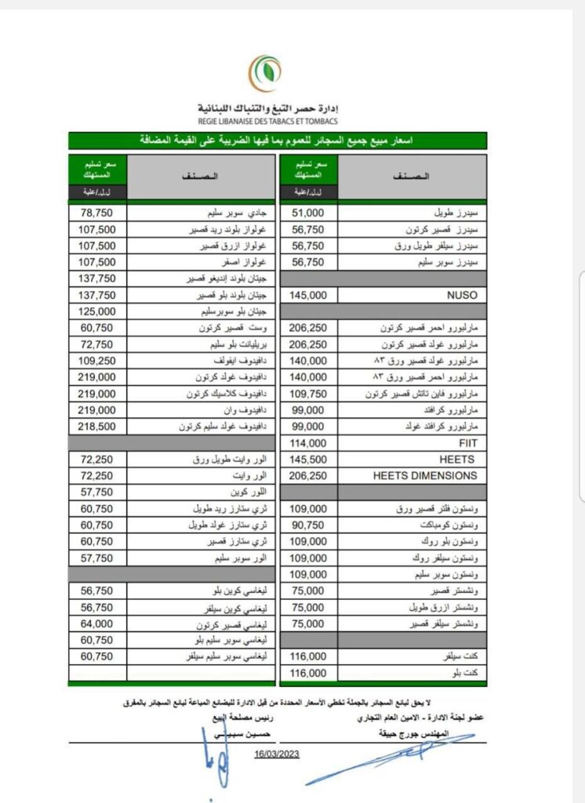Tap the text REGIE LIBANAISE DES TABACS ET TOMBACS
267,120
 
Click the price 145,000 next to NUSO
307,296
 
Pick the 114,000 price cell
307,442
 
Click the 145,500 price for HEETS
307,459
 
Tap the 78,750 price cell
97,213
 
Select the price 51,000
307,213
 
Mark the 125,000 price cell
97,311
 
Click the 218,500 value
97,427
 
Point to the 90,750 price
307,525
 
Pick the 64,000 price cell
97,624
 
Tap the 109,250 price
97,361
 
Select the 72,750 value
97,344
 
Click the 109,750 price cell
307,394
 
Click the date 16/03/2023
277,754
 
